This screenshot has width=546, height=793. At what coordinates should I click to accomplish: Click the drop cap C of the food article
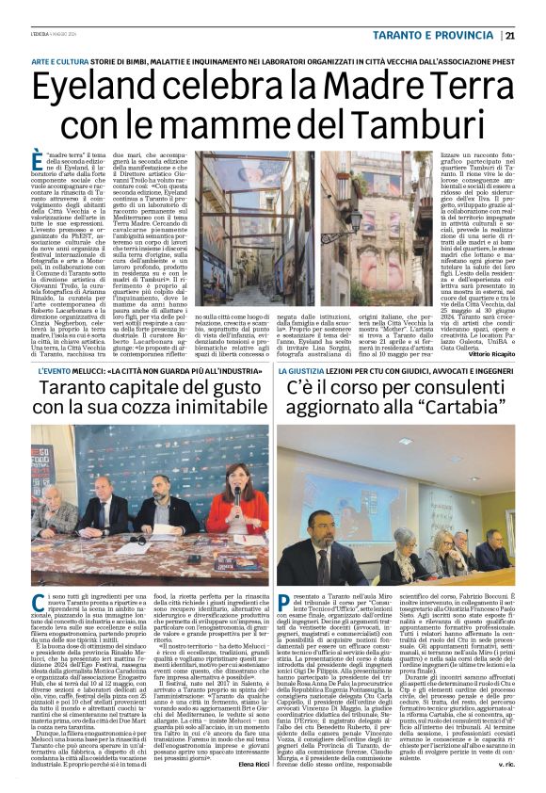click(38, 604)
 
